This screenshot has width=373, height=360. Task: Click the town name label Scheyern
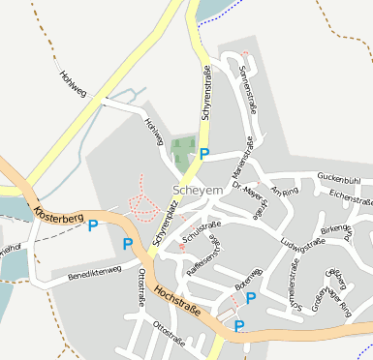coord(197,191)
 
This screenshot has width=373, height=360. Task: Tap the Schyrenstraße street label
coord(206,93)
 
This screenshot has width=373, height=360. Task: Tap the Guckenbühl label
coord(338,180)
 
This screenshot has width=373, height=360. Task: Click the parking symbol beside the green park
coord(204,154)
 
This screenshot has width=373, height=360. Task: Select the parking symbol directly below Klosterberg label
coord(93,226)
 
